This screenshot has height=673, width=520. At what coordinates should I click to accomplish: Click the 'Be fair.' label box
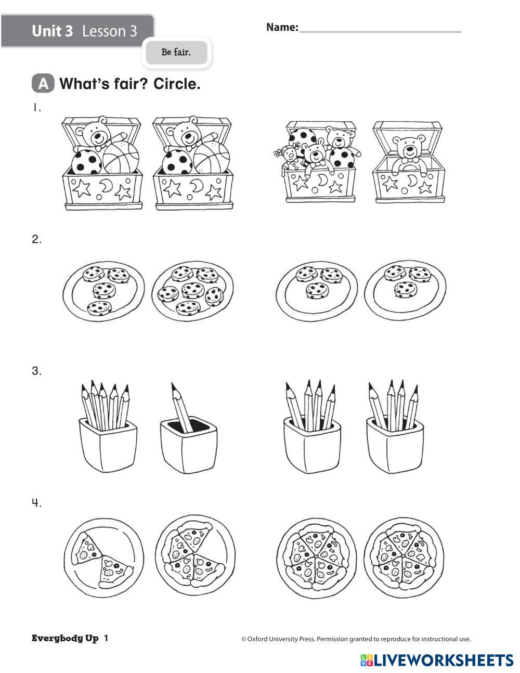pos(176,53)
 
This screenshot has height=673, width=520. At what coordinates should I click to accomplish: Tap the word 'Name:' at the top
pos(282,28)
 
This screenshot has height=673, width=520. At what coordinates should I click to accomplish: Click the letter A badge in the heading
pos(43,84)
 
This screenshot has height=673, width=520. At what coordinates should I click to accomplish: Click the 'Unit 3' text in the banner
pos(52,31)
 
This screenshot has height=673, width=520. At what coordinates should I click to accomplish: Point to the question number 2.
pos(36,240)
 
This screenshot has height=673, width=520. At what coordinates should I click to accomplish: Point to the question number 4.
pos(36,503)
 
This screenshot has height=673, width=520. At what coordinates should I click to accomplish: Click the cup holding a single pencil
pos(188,442)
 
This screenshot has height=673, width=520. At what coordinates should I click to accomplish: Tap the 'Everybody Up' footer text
pos(65,639)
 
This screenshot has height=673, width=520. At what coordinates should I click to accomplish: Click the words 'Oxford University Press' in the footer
pos(281,639)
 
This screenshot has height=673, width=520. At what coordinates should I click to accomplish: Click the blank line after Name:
pos(380,29)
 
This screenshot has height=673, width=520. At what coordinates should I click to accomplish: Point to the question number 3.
pos(36,371)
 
